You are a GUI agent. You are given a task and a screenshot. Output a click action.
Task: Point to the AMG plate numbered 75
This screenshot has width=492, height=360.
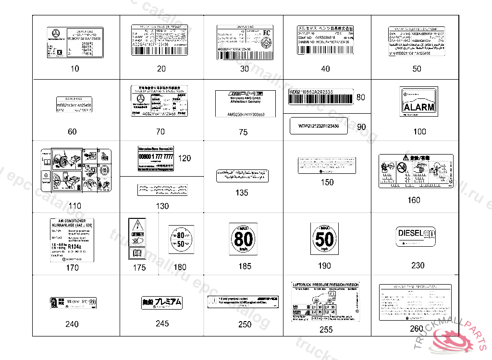point(245,103)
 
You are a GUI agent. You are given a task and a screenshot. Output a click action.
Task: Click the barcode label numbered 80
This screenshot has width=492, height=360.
point(320,96)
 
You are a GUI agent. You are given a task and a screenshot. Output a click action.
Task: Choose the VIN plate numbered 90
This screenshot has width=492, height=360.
point(319,126)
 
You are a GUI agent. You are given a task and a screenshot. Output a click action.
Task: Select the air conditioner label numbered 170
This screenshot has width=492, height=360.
point(72,240)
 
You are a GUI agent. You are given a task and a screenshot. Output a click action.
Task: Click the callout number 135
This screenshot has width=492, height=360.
point(242,192)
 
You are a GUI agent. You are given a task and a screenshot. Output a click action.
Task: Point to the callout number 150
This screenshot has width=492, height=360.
point(327,182)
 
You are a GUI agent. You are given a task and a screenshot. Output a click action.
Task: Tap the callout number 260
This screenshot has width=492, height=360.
point(417,329)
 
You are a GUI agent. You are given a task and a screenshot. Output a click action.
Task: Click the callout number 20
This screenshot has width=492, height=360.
point(161,69)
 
